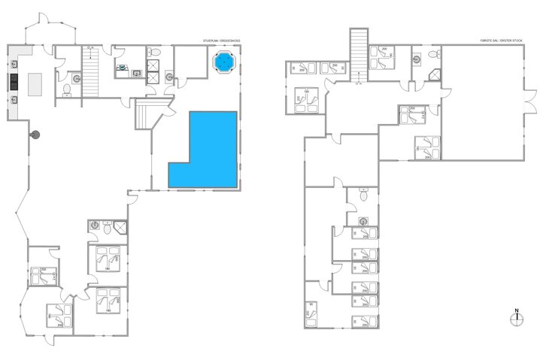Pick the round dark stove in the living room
click(35, 134)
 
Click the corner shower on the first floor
click(435, 74)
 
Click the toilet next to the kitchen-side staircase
click(68, 90)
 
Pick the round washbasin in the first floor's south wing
click(363, 221)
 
